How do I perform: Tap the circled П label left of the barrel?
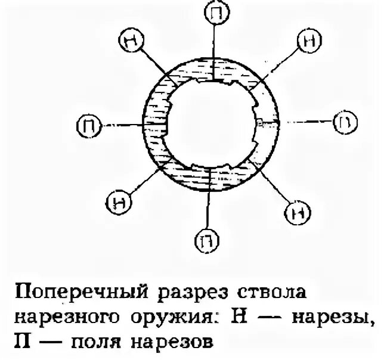(x=88, y=125)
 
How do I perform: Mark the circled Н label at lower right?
(x=296, y=212)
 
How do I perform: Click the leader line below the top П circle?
(x=213, y=48)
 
